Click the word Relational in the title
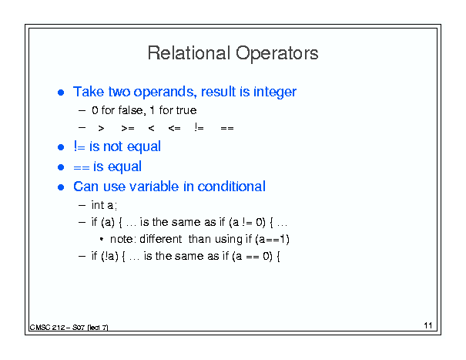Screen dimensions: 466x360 click(x=189, y=53)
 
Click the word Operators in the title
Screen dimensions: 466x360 click(x=277, y=54)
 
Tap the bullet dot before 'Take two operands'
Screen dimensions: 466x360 click(x=61, y=93)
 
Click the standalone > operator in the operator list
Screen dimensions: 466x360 click(x=101, y=128)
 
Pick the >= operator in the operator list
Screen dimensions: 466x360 click(x=128, y=128)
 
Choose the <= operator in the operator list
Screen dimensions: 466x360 click(x=174, y=128)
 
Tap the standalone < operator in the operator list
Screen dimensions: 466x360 click(x=151, y=128)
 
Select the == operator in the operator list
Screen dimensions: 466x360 click(x=227, y=128)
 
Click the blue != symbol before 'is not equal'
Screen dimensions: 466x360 click(x=79, y=146)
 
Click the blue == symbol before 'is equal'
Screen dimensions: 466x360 click(x=82, y=167)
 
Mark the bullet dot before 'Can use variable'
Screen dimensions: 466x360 click(x=61, y=187)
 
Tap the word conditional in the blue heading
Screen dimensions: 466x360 click(x=231, y=187)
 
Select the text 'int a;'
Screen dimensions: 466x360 click(x=104, y=205)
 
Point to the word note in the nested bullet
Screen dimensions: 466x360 click(x=122, y=239)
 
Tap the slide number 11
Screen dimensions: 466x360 click(x=428, y=325)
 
